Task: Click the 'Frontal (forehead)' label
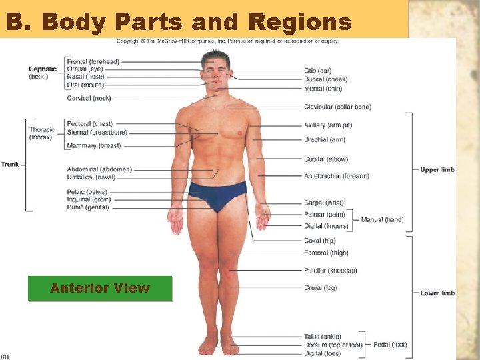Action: click(x=93, y=62)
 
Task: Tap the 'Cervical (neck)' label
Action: click(x=89, y=99)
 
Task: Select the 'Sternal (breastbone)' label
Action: click(x=97, y=133)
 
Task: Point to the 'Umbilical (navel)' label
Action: click(x=91, y=177)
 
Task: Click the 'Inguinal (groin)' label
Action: click(x=89, y=199)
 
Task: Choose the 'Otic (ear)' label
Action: click(x=317, y=71)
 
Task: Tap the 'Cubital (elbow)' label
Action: click(x=325, y=159)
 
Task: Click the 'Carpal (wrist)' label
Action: click(x=323, y=203)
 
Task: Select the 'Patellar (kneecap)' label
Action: click(x=331, y=271)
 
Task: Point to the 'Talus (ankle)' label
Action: click(x=323, y=337)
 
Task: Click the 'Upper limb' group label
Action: click(x=437, y=170)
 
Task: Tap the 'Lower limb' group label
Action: click(x=437, y=293)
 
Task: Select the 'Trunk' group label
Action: click(x=10, y=164)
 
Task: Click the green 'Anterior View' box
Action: click(x=100, y=288)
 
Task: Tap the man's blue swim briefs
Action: click(x=217, y=194)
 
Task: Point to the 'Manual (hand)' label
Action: click(x=382, y=220)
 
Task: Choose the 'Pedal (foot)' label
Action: click(x=390, y=345)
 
